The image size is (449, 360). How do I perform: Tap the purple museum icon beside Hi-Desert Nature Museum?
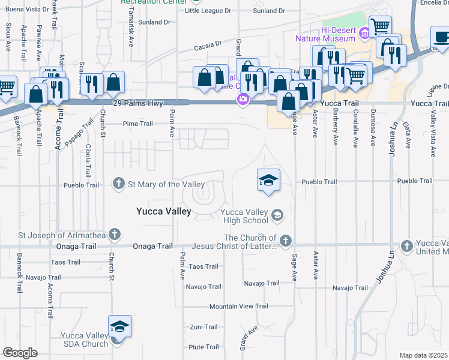point(364,33)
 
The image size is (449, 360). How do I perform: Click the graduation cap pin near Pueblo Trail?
point(269,180)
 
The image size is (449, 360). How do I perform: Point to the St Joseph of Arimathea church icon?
point(114,235)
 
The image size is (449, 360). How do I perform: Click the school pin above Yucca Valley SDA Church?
point(120,328)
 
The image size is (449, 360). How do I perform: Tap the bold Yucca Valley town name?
point(163,211)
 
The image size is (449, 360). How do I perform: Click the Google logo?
point(20,352)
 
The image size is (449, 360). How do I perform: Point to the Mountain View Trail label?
point(238,307)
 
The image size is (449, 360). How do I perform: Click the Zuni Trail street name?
point(203,327)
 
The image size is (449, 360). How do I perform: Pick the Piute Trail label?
point(204,347)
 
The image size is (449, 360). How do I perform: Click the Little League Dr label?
point(208,11)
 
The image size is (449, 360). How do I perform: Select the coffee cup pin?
point(441,37)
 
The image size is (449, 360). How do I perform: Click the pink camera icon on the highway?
point(243,100)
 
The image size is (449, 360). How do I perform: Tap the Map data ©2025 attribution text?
point(423,355)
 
